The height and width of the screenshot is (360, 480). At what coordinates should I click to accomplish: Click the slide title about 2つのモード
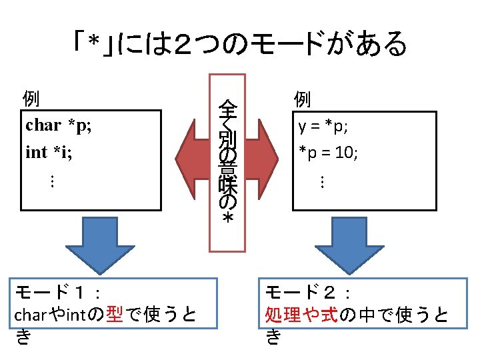[239, 45]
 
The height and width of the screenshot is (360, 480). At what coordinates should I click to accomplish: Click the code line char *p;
[59, 125]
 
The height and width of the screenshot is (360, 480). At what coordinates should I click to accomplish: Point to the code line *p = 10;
[328, 153]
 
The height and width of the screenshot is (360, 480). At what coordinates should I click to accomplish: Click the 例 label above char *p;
[31, 99]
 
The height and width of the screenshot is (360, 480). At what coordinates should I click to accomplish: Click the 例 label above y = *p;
[302, 99]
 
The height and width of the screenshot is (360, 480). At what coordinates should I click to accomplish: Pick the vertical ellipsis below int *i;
[52, 181]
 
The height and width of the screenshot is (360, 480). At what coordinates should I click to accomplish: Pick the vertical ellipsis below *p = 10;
[321, 181]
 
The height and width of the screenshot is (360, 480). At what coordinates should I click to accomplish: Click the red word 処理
[282, 314]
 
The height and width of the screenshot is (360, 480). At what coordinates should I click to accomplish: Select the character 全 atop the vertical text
[227, 107]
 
